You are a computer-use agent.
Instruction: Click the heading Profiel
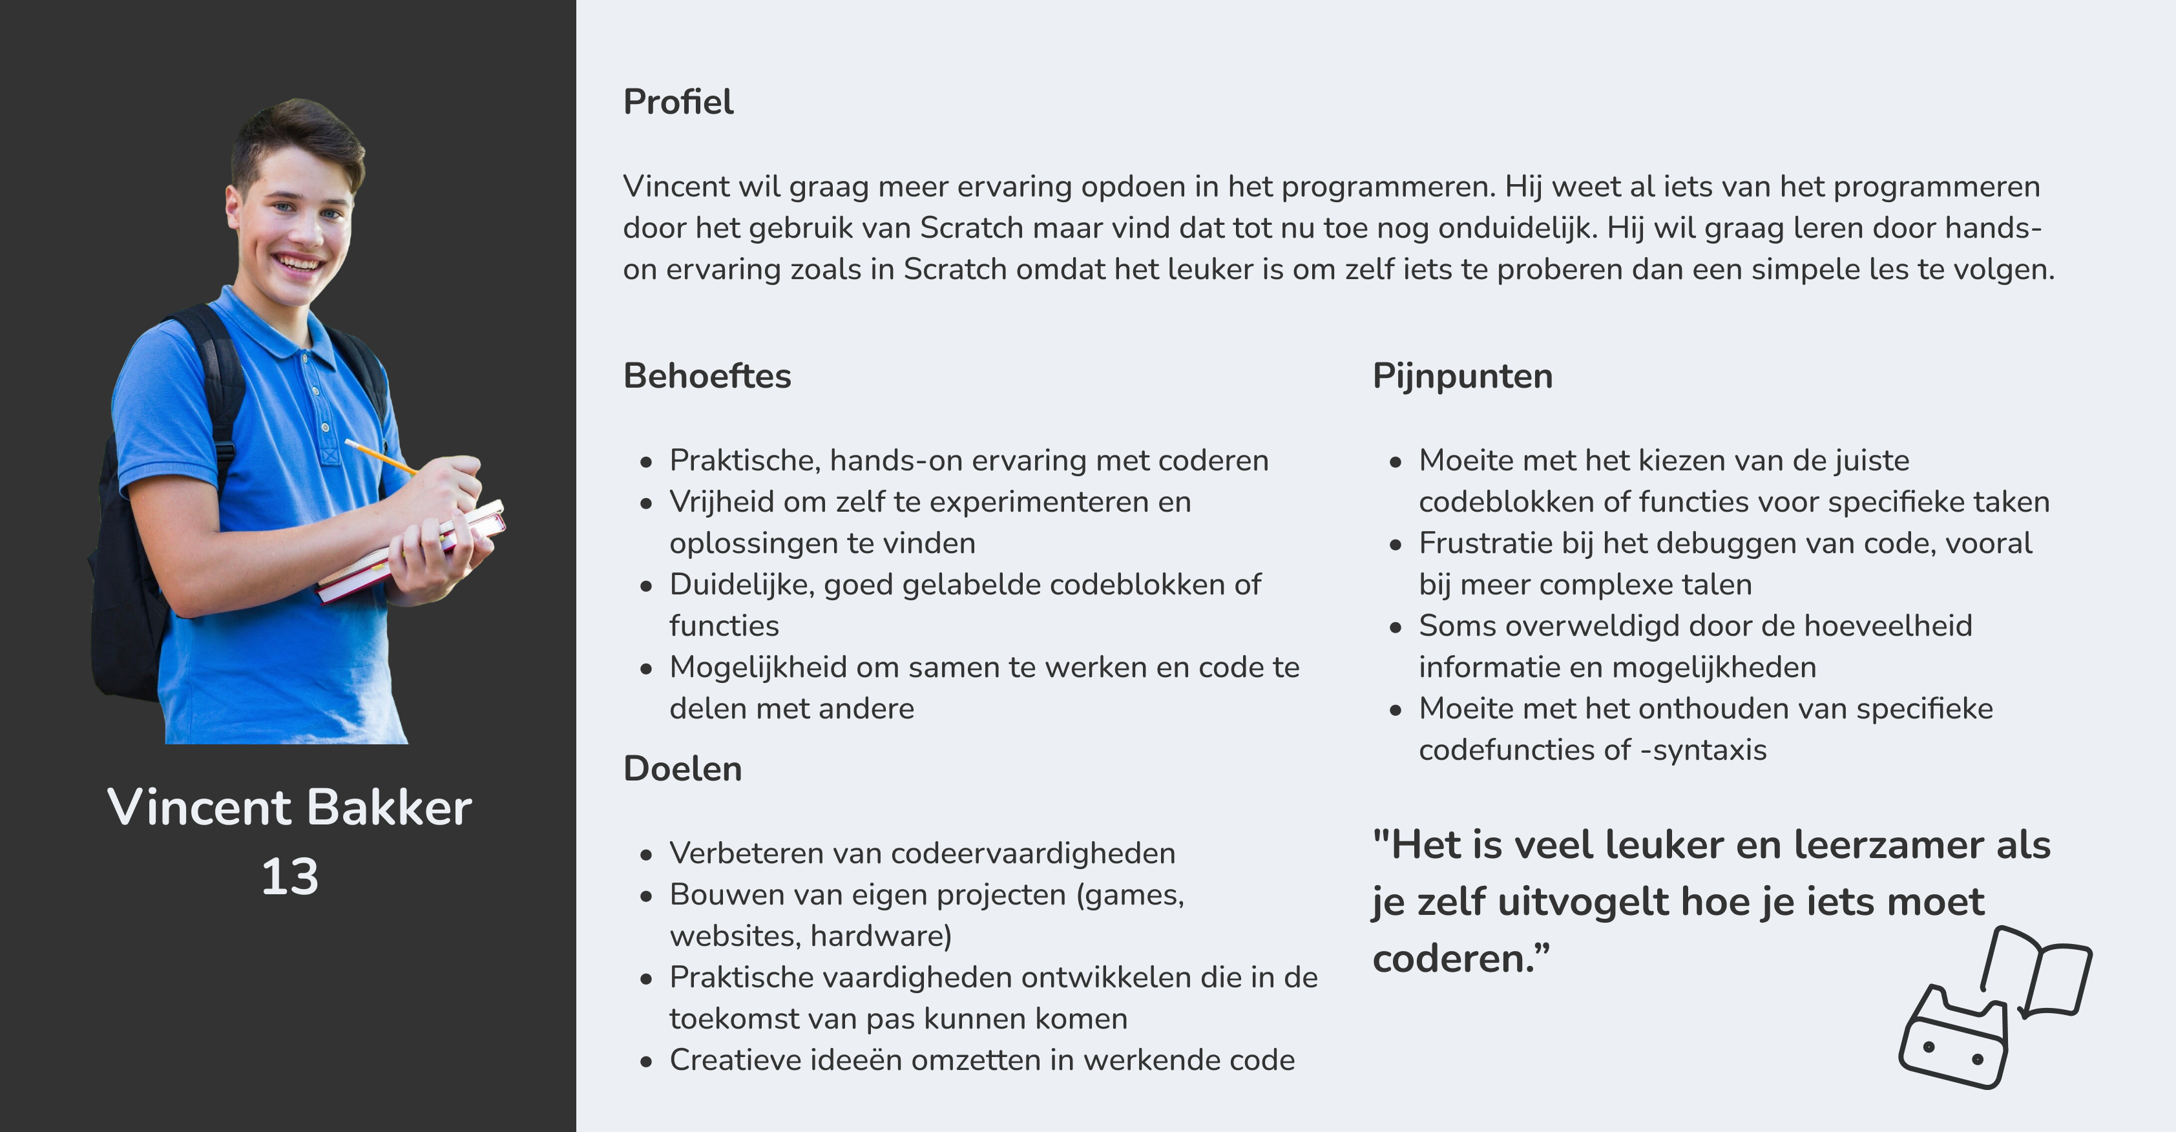[x=678, y=102]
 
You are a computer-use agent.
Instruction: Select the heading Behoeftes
[x=706, y=376]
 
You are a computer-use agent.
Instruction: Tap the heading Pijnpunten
[x=1462, y=376]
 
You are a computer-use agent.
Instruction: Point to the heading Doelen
[x=682, y=769]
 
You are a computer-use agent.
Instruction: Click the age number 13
[x=289, y=876]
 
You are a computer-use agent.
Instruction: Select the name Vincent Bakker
[x=289, y=807]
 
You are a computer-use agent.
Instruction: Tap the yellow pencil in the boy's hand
[x=380, y=456]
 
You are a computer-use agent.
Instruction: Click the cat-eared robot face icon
[x=1953, y=1043]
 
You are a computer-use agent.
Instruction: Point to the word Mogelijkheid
[x=758, y=667]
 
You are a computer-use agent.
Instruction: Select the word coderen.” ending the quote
[x=1461, y=959]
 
